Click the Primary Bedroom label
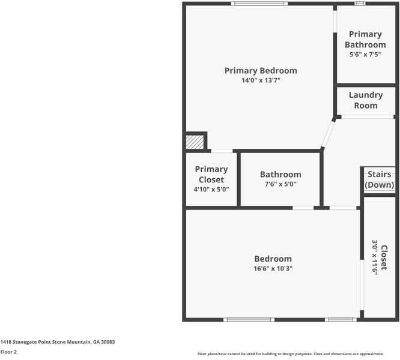point(261,70)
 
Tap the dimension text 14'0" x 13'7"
point(261,80)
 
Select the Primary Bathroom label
point(365,40)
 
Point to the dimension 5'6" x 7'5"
point(365,55)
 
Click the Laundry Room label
point(365,100)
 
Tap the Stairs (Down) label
point(380,179)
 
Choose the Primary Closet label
point(211,174)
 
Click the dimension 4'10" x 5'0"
point(211,189)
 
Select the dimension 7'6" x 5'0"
point(280,185)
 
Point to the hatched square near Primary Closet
point(195,142)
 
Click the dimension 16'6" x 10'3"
point(273,269)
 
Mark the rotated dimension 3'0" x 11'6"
point(375,258)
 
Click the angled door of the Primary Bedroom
point(329,134)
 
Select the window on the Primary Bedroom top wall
point(260,4)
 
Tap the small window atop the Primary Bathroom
point(360,4)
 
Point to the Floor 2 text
point(8,352)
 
